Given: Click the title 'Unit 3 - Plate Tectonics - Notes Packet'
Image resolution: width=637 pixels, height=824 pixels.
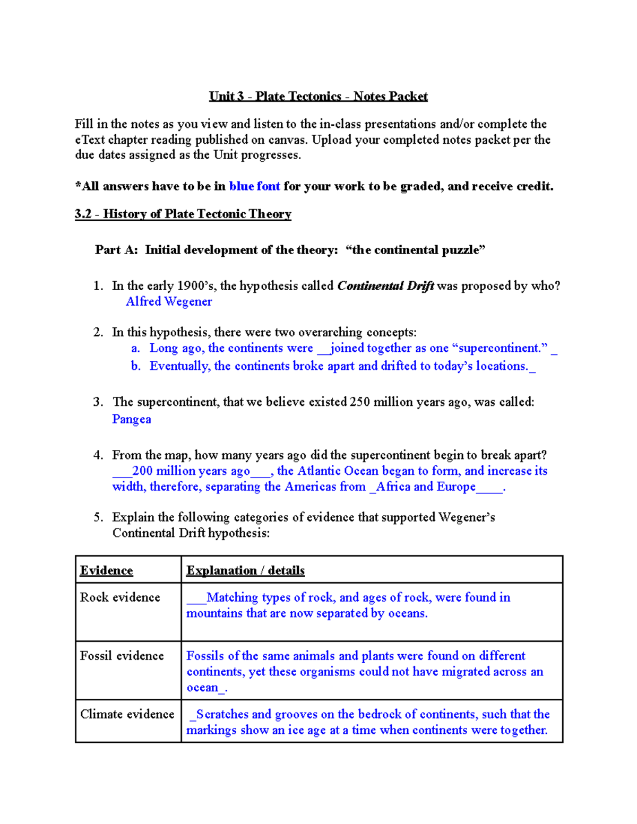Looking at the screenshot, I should (318, 96).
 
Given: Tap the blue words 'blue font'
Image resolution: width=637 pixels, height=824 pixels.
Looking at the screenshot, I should (254, 186).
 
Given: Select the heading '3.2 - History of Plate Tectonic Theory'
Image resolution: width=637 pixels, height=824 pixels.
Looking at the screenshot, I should (183, 214).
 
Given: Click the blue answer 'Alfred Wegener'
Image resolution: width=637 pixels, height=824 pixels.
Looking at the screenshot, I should (169, 301).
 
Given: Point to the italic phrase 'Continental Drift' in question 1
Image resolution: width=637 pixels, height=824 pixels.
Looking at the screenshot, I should (385, 286).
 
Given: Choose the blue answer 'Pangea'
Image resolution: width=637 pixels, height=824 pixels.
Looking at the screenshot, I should (132, 419).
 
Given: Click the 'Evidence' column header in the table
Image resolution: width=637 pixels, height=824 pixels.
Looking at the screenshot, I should (106, 570).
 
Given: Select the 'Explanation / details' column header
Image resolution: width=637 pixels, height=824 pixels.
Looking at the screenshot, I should (245, 570).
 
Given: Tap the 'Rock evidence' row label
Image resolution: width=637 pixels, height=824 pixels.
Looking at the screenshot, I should (120, 597).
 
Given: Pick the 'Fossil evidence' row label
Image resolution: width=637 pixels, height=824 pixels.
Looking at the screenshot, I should (122, 656).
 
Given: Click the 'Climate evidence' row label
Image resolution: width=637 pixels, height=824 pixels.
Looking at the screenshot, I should (127, 714).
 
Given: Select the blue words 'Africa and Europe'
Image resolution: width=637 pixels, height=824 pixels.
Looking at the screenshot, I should (425, 487).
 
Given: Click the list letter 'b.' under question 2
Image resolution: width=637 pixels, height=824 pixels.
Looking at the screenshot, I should (136, 366).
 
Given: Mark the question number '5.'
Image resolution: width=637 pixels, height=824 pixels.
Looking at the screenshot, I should (98, 517).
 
